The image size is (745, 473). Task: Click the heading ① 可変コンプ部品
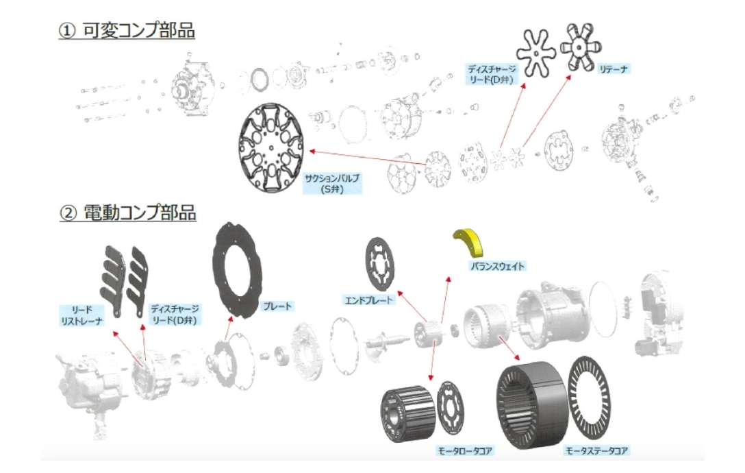[x=127, y=32]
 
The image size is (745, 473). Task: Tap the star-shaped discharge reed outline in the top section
[x=535, y=53]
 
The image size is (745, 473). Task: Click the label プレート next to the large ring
[x=278, y=306]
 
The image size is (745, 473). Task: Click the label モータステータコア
[x=594, y=450]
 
